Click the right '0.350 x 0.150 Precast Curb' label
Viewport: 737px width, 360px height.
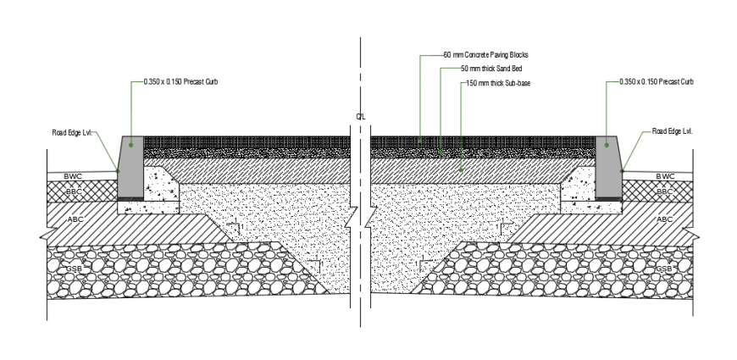pos(657,82)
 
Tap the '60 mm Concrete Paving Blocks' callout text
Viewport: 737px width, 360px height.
pos(485,55)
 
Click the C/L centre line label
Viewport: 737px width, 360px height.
pos(361,116)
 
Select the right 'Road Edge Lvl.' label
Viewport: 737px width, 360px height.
pos(673,132)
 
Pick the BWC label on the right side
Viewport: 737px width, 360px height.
pos(666,176)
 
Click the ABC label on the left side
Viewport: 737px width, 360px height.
pos(75,219)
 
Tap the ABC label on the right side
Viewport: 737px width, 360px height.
pos(663,219)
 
